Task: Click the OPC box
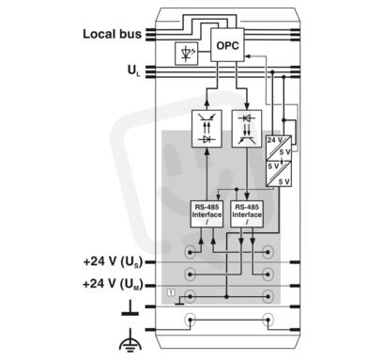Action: tap(227, 45)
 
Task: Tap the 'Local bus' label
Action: tap(112, 34)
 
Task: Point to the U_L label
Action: tap(134, 70)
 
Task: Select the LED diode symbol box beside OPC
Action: tap(186, 54)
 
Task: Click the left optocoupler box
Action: tap(207, 129)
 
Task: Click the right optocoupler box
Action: tap(247, 129)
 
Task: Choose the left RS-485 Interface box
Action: tap(207, 214)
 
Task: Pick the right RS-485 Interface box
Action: tap(247, 214)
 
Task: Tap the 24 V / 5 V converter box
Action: tap(279, 148)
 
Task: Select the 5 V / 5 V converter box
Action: tap(279, 174)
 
